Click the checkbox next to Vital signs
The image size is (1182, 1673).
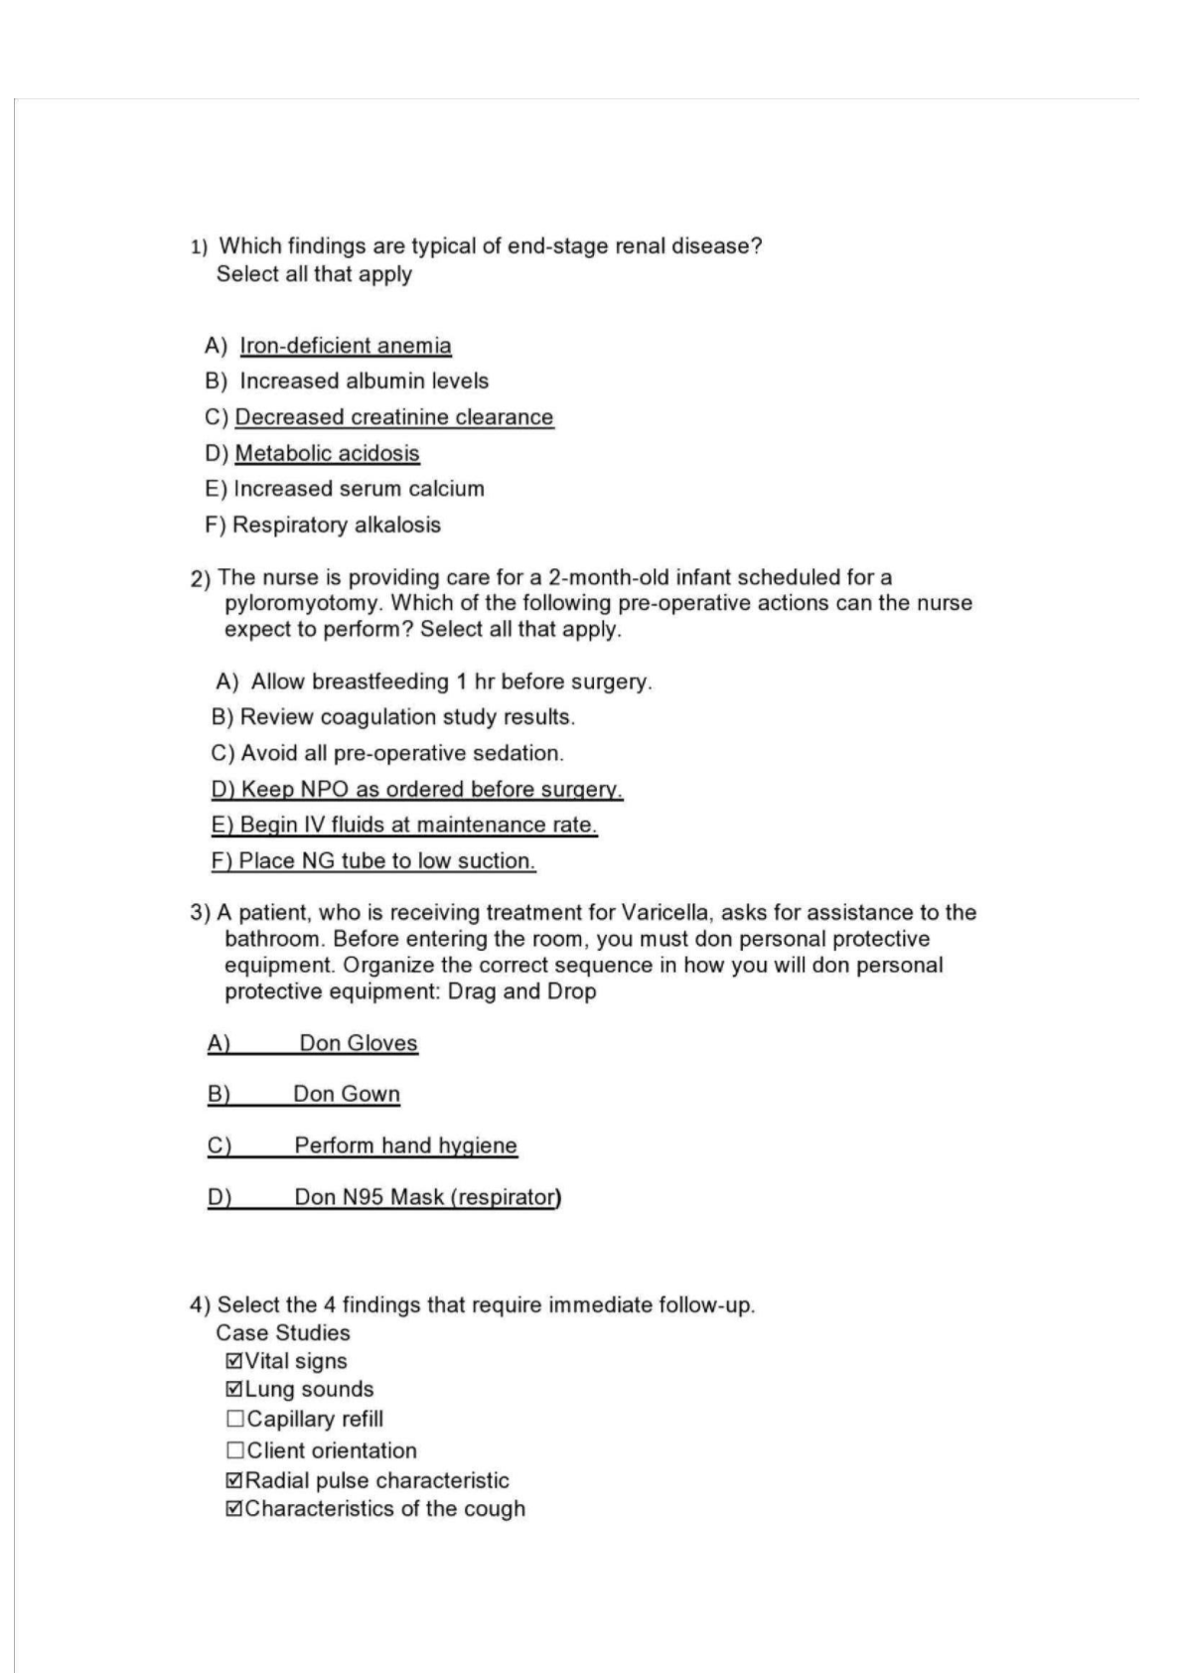coord(234,1361)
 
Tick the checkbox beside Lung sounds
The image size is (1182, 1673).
coord(234,1389)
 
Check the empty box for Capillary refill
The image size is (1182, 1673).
coord(235,1419)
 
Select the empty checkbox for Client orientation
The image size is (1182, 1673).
coord(235,1450)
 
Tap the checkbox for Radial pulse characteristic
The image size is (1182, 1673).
coord(234,1480)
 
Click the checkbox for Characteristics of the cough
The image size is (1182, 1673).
coord(234,1508)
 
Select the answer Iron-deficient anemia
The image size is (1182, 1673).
coord(345,346)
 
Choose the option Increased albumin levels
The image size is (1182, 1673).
coord(364,380)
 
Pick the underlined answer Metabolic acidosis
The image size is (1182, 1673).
coord(327,453)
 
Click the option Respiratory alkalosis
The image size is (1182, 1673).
coord(336,525)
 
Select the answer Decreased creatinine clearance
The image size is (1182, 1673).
coord(393,417)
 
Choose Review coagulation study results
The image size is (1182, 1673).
coord(407,717)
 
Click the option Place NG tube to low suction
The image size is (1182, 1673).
coord(386,860)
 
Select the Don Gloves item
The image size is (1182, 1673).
coord(358,1043)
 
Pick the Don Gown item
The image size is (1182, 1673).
coord(346,1094)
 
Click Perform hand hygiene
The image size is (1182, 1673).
coord(405,1145)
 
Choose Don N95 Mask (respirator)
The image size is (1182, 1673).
coord(427,1197)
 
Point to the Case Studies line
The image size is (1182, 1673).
coord(283,1332)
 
